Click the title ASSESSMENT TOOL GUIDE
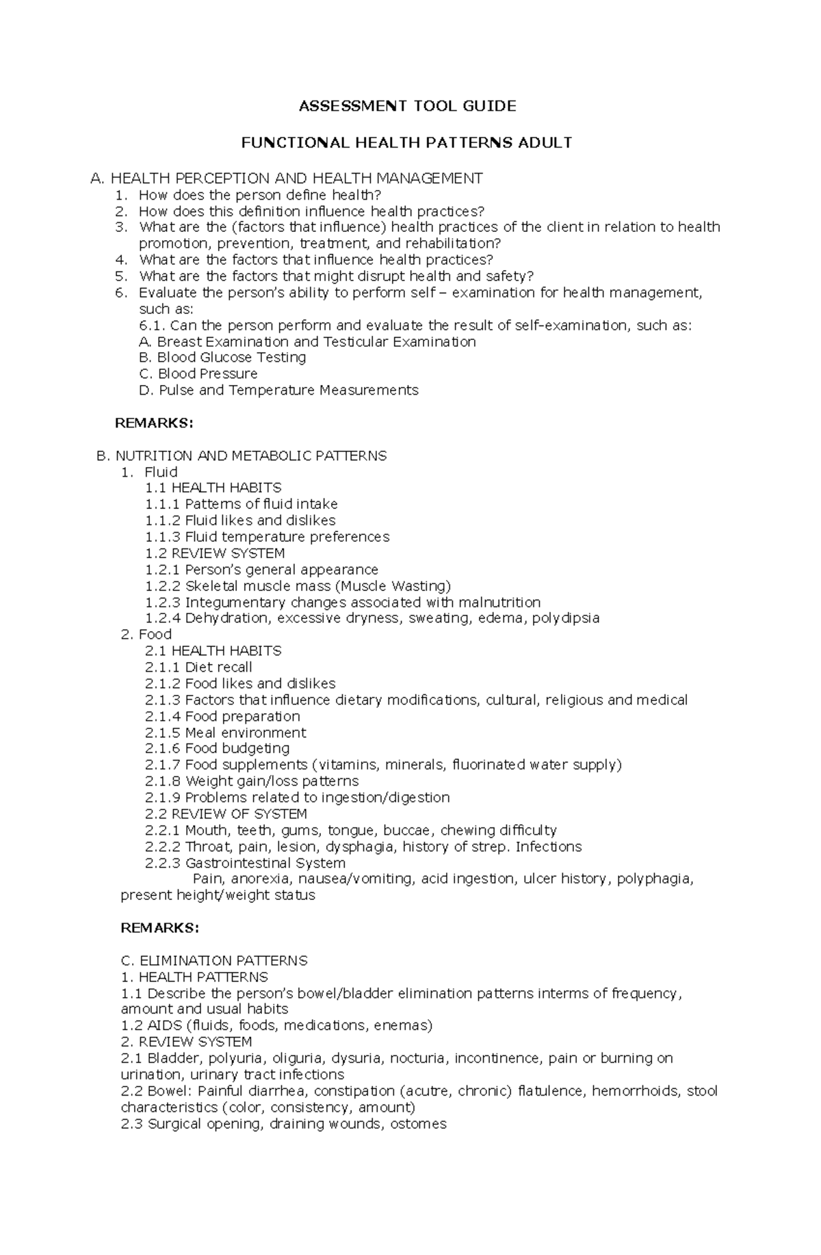point(407,106)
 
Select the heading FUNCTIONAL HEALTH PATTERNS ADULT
point(407,143)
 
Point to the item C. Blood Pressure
point(198,374)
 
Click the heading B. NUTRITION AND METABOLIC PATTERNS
point(242,456)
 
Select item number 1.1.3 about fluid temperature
point(267,537)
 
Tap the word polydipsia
point(566,618)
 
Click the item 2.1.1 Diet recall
point(198,668)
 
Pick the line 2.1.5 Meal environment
point(225,733)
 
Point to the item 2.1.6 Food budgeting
point(217,749)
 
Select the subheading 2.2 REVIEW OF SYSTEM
point(226,815)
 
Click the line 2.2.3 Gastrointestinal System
point(245,863)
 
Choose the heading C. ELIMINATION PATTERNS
point(214,961)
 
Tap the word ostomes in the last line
point(418,1124)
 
